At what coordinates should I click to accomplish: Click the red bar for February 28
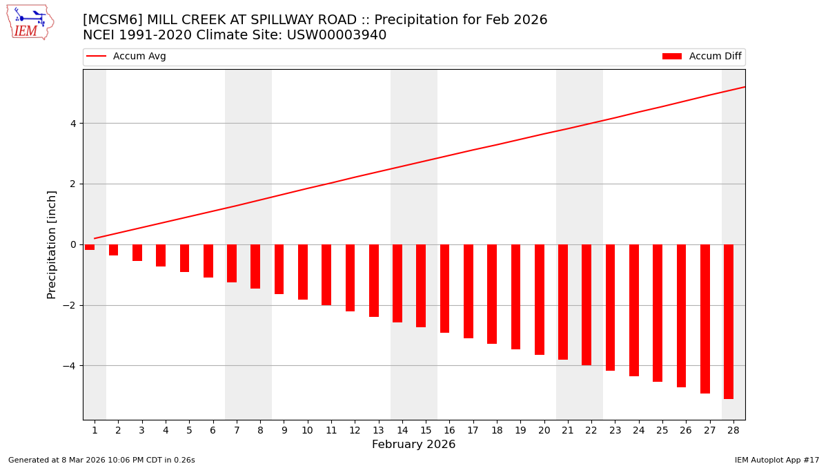729,321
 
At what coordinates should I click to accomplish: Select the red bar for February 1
90,247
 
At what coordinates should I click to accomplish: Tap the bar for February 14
397,283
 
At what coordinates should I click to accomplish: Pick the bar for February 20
540,299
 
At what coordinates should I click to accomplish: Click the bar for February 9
279,269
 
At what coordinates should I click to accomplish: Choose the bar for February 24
634,310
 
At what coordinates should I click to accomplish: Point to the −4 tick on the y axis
70,366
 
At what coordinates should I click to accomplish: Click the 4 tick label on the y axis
72,124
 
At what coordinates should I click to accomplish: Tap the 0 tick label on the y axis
72,244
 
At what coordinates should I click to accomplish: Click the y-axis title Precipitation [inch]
52,244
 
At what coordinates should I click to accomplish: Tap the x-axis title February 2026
413,445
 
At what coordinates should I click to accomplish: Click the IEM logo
30,22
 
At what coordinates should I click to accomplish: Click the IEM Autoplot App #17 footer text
776,460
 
